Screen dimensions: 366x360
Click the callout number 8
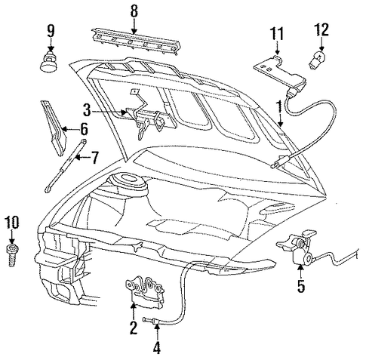[x=134, y=11]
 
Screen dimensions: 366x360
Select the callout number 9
[x=51, y=31]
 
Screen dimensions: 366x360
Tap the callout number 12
[x=321, y=29]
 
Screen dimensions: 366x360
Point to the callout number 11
[x=277, y=33]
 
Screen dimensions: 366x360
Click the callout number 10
[x=12, y=223]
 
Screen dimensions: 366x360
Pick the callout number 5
[x=301, y=286]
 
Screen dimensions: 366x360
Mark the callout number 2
[x=134, y=328]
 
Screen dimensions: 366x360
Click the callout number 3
[x=87, y=110]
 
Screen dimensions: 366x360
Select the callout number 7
[x=94, y=158]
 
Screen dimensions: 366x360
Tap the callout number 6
[x=84, y=129]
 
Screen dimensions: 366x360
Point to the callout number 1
[x=278, y=107]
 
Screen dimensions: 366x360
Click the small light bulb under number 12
[x=315, y=60]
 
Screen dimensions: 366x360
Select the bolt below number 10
[x=11, y=255]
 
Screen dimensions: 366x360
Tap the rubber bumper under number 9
[x=48, y=62]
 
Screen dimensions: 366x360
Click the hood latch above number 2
[x=145, y=292]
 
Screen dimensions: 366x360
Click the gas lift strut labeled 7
[x=66, y=166]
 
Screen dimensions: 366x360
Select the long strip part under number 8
[x=136, y=42]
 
